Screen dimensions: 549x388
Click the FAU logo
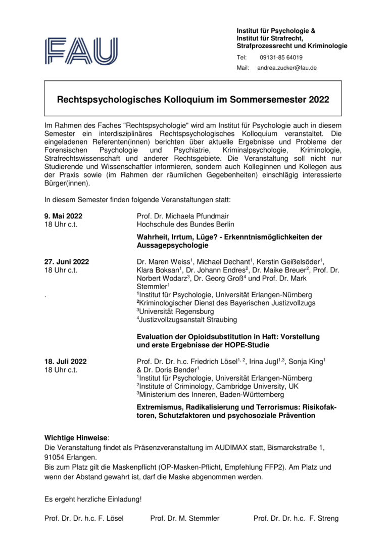pyautogui.click(x=81, y=51)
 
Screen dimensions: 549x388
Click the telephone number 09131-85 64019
pyautogui.click(x=281, y=57)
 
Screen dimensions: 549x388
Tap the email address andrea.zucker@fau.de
pyautogui.click(x=287, y=68)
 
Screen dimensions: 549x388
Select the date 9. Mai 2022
pyautogui.click(x=63, y=216)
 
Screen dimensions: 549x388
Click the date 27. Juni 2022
pyautogui.click(x=67, y=261)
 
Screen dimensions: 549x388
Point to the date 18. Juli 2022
pyautogui.click(x=66, y=361)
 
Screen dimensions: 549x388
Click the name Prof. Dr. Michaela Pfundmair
pyautogui.click(x=182, y=216)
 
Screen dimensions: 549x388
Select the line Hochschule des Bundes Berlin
pyautogui.click(x=185, y=224)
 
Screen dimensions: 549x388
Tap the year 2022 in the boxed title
pyautogui.click(x=317, y=100)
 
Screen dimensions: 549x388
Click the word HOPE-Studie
pyautogui.click(x=247, y=345)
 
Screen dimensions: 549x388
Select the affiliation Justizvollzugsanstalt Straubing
pyautogui.click(x=188, y=319)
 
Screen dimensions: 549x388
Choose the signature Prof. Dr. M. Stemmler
pyautogui.click(x=185, y=518)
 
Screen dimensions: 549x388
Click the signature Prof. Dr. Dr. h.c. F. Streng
pyautogui.click(x=296, y=518)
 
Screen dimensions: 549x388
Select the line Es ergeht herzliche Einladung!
pyautogui.click(x=93, y=499)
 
